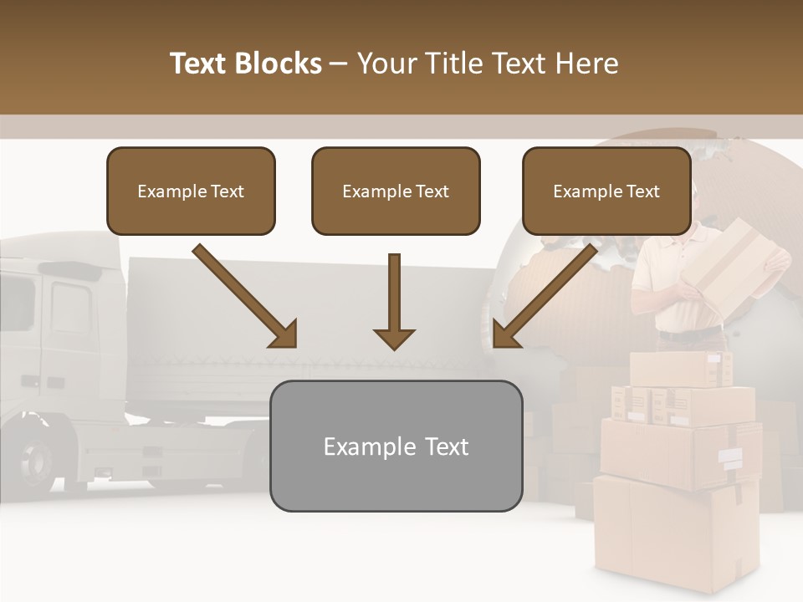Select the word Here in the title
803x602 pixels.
click(x=588, y=64)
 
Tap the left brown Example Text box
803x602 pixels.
click(x=191, y=191)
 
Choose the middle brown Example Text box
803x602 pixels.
click(x=396, y=191)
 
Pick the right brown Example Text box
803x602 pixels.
click(x=606, y=191)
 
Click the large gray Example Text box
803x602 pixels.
click(x=396, y=446)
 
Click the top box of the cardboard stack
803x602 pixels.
click(x=679, y=369)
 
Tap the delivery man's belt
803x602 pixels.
click(x=688, y=334)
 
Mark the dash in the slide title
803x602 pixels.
click(x=338, y=64)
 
